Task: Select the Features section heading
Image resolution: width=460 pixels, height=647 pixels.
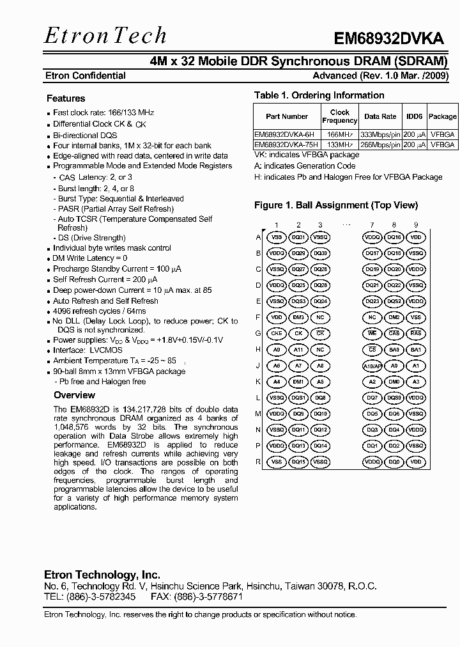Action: [x=66, y=98]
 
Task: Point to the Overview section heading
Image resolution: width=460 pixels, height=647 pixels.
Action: [x=75, y=395]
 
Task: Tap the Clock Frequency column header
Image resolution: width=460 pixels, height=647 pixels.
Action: [x=339, y=116]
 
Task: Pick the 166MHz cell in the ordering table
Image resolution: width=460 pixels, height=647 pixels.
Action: [x=339, y=135]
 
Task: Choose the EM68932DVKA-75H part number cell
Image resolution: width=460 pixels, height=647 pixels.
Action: [x=286, y=145]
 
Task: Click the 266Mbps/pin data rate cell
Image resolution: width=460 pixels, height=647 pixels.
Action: [x=380, y=145]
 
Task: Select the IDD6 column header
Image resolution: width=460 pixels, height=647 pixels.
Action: [x=415, y=116]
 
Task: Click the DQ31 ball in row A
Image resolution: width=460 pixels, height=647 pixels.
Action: [x=298, y=237]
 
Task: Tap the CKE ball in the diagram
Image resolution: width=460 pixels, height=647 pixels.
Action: [x=277, y=334]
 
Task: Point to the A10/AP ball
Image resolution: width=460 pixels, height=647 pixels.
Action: [x=372, y=366]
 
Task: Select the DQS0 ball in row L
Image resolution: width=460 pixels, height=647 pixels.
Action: [x=394, y=398]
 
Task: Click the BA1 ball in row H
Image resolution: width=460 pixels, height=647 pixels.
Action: [x=416, y=350]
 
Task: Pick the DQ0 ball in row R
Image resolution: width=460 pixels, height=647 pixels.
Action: [x=394, y=462]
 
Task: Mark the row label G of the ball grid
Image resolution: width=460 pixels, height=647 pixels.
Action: [x=258, y=334]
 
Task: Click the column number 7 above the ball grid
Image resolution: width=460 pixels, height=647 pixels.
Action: [x=372, y=224]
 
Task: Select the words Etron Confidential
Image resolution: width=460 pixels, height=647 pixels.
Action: [x=85, y=75]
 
